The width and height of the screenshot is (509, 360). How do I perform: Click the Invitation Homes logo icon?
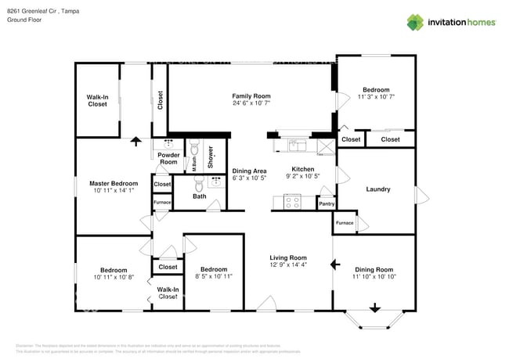(x=414, y=22)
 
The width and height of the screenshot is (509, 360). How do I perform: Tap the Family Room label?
(x=251, y=95)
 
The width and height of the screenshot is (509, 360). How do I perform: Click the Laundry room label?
(x=377, y=189)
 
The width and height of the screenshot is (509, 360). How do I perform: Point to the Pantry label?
(x=326, y=204)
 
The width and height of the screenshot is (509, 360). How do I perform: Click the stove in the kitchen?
(x=291, y=202)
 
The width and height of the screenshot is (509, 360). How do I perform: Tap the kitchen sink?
(x=298, y=143)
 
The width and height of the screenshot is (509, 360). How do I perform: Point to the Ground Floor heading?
(x=24, y=21)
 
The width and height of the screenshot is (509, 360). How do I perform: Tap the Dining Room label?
(x=374, y=269)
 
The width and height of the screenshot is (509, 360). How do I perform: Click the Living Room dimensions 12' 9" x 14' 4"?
(x=288, y=265)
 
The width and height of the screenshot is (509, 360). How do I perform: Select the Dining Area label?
(x=249, y=171)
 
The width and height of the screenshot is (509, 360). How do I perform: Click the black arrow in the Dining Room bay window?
(x=374, y=308)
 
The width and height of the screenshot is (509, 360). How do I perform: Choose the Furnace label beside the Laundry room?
(x=345, y=223)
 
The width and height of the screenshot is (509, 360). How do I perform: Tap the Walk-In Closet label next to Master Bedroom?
(x=97, y=100)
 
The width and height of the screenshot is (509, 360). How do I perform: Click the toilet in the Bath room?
(x=198, y=185)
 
